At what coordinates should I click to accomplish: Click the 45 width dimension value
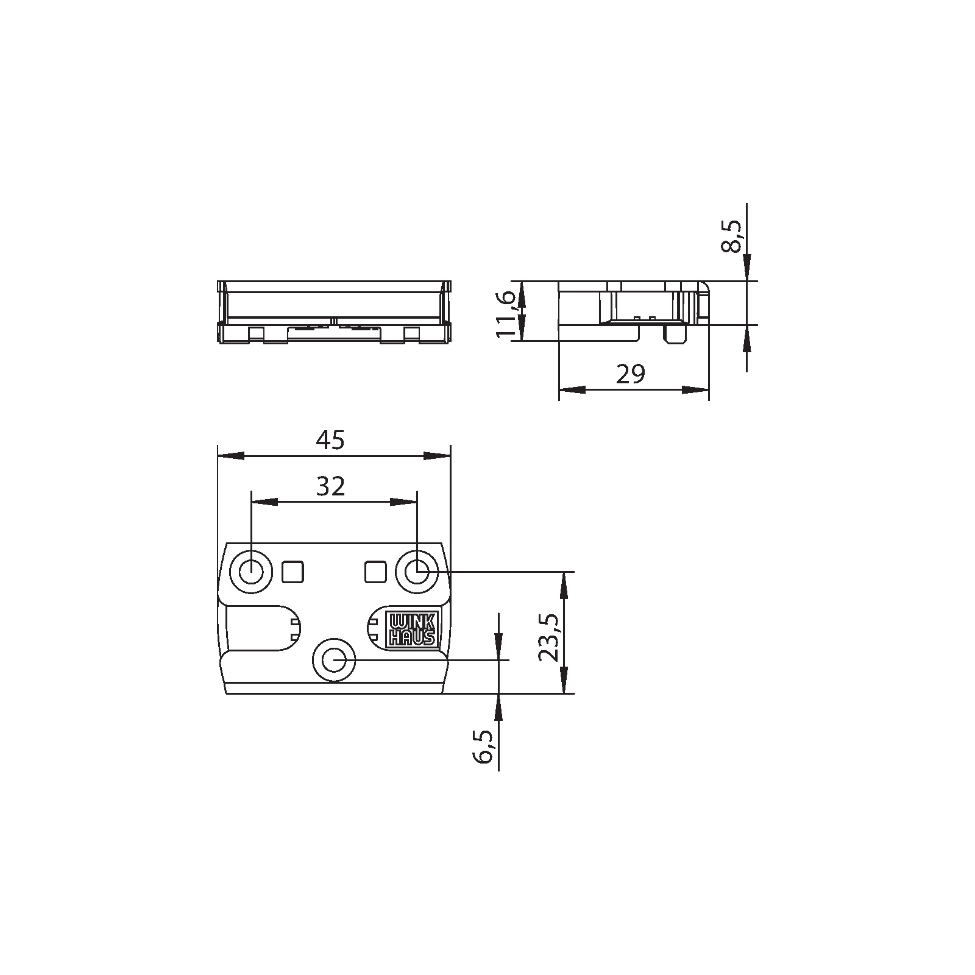pos(330,440)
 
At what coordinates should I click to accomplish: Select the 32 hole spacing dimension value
pos(331,486)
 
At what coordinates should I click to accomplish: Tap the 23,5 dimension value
pos(548,637)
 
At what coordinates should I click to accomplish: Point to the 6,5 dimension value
pos(485,748)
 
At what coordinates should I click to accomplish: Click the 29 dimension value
pos(630,374)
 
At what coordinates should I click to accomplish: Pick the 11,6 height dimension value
pos(506,314)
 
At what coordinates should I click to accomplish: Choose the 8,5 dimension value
pos(732,236)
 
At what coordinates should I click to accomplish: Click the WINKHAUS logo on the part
pos(412,629)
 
